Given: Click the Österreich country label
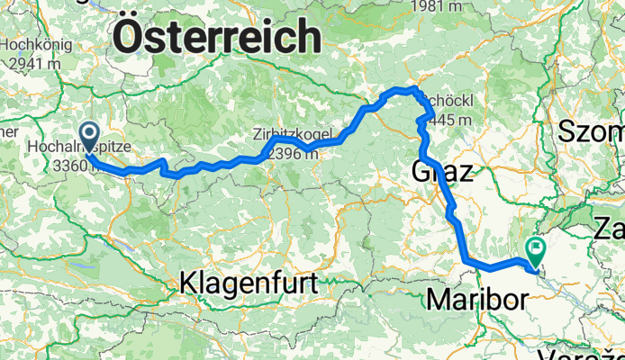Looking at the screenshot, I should click(x=219, y=39).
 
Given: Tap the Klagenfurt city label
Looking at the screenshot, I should click(x=249, y=283).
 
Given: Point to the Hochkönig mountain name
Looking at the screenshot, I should click(x=32, y=44).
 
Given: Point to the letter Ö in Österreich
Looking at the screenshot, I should click(x=131, y=39).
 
